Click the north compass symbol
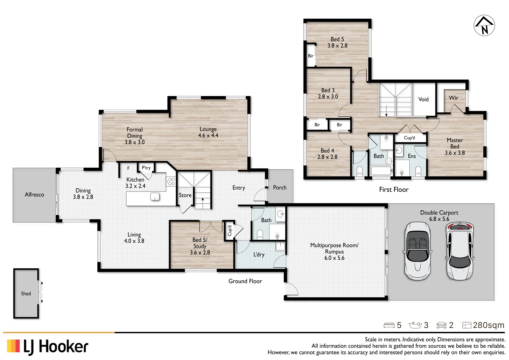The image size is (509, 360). coord(484,26)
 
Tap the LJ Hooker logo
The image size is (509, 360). coord(48,347)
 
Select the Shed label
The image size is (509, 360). coord(26,294)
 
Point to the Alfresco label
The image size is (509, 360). coord(34,195)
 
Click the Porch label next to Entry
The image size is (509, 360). coord(280,188)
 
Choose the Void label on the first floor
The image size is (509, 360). coord(423,99)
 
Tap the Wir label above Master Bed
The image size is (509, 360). coord(453,98)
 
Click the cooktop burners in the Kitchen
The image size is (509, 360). coord(171,181)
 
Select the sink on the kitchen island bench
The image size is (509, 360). coord(155,197)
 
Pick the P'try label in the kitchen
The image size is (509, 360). coord(146,168)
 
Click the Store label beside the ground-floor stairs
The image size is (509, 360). coord(185,195)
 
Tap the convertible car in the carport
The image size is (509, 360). coord(418,251)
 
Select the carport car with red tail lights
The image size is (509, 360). coord(460,251)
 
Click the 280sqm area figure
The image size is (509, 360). coord(488,325)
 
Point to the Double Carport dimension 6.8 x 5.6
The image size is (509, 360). coord(439,219)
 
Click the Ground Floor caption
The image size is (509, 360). coord(245,281)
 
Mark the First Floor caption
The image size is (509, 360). coord(394,190)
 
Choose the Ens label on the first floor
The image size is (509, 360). coord(412,156)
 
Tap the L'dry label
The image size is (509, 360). coord(259,255)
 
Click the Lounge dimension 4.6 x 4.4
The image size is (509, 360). coord(208,136)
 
